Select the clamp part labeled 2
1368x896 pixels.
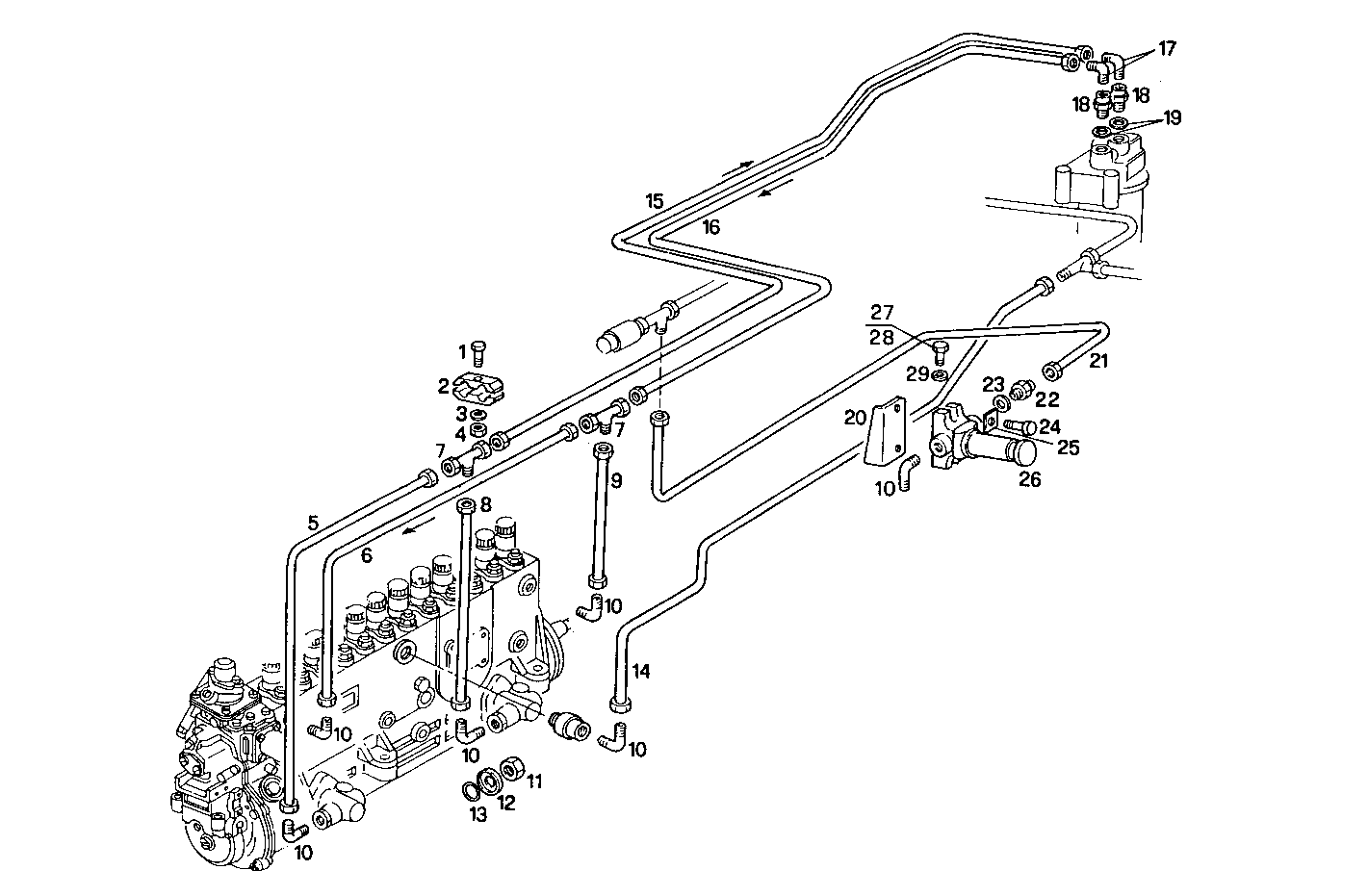pyautogui.click(x=478, y=388)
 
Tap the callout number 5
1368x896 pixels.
pyautogui.click(x=312, y=524)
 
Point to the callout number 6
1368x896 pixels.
pyautogui.click(x=366, y=555)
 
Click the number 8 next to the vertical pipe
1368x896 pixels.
pyautogui.click(x=486, y=503)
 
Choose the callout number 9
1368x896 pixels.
pyautogui.click(x=616, y=479)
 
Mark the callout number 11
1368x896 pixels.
pyautogui.click(x=535, y=781)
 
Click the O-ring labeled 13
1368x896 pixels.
pyautogui.click(x=469, y=791)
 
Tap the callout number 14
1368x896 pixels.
pyautogui.click(x=641, y=672)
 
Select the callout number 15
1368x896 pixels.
pyautogui.click(x=655, y=201)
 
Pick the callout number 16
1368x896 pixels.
pyautogui.click(x=710, y=227)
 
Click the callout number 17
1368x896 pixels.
pyautogui.click(x=1167, y=48)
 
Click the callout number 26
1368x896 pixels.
pyautogui.click(x=1029, y=479)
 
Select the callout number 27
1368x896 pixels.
pyautogui.click(x=882, y=312)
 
